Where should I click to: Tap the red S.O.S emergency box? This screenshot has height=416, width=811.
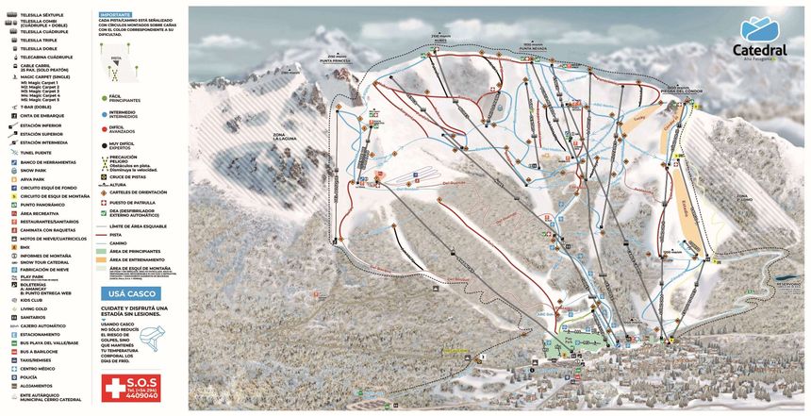(x=131, y=387)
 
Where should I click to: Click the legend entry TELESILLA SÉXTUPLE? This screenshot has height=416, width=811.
(x=39, y=16)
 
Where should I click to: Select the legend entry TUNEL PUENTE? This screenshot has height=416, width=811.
(x=38, y=152)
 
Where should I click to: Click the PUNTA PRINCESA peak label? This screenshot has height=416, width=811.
(x=335, y=58)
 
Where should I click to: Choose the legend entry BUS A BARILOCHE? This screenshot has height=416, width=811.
(x=38, y=350)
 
